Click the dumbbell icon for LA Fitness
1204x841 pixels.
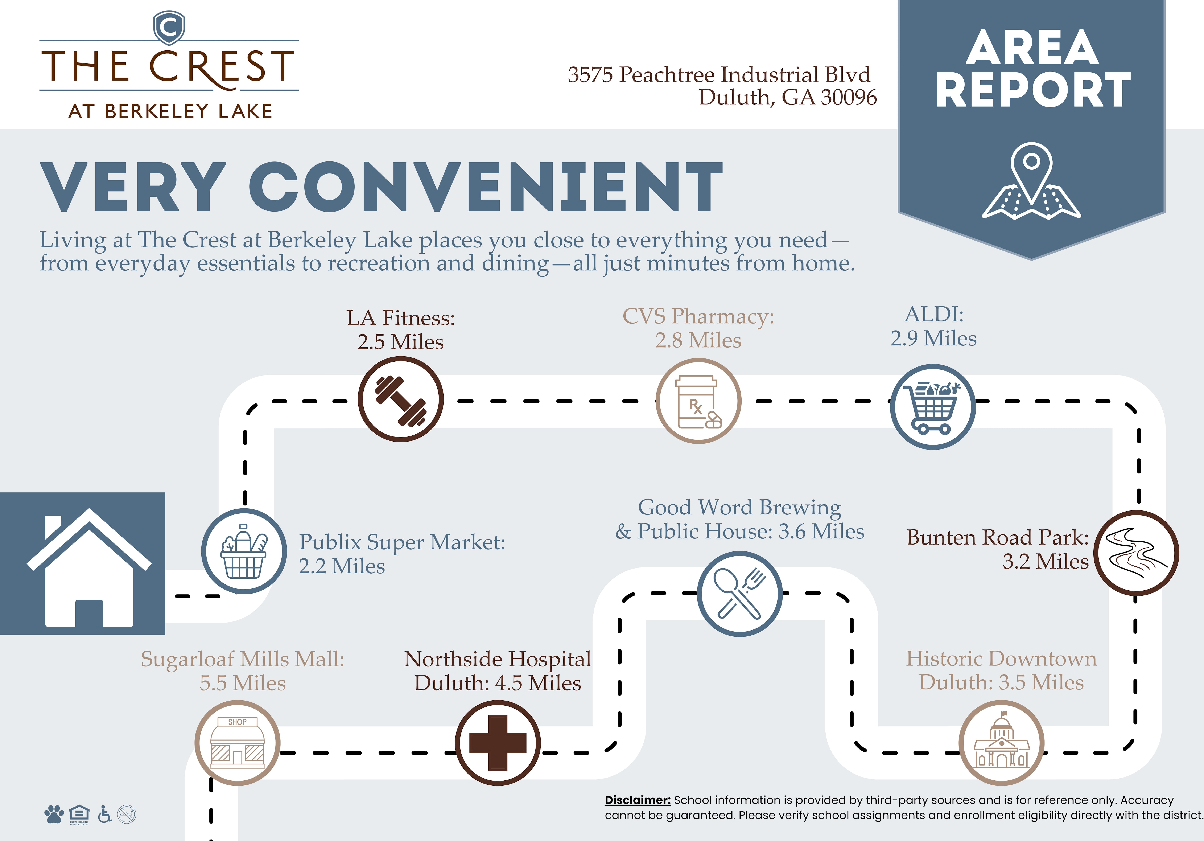[x=401, y=400]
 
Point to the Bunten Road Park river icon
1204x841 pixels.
[x=1136, y=553]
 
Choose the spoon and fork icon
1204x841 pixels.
[x=739, y=594]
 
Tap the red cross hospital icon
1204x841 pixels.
[x=497, y=743]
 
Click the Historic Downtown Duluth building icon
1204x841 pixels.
[x=1001, y=743]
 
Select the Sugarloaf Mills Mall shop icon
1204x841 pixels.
[x=238, y=743]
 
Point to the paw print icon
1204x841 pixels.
[x=54, y=814]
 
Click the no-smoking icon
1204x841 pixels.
[x=127, y=814]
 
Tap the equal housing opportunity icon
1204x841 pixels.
[x=79, y=814]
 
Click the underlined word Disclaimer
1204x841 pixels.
[x=638, y=800]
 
